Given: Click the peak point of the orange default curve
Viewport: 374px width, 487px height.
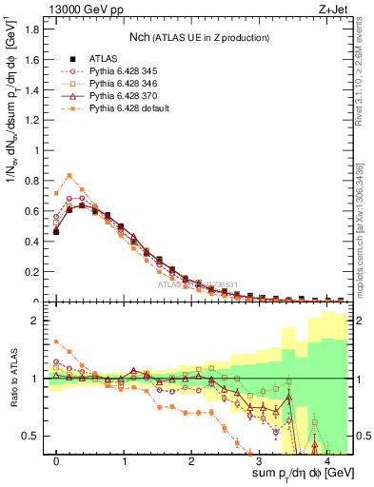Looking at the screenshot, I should click(69, 175).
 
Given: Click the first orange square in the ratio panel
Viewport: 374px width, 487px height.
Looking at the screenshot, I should click(56, 341).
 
